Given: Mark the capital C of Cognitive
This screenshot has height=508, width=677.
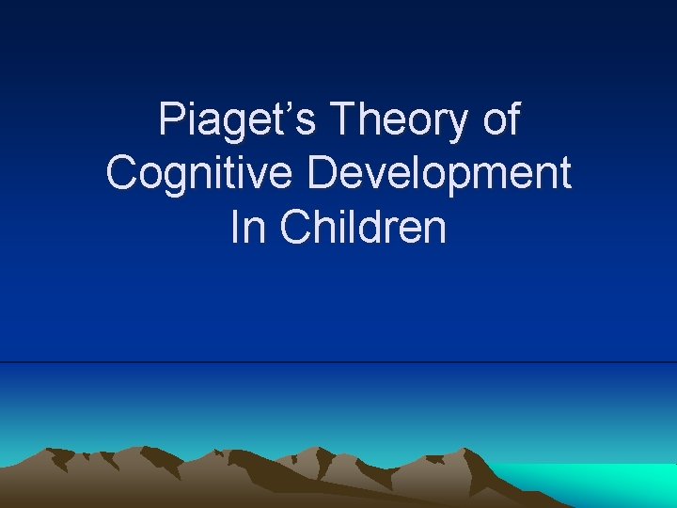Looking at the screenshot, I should click(122, 174).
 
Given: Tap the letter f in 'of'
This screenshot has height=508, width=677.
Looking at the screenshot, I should click(512, 119).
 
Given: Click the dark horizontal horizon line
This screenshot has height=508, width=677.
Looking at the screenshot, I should click(338, 362).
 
